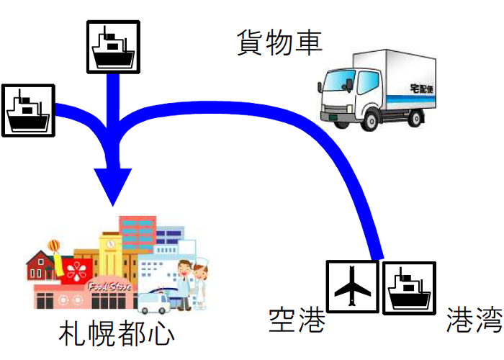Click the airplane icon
click(352, 287)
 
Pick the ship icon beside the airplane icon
click(408, 287)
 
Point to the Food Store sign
click(109, 287)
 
